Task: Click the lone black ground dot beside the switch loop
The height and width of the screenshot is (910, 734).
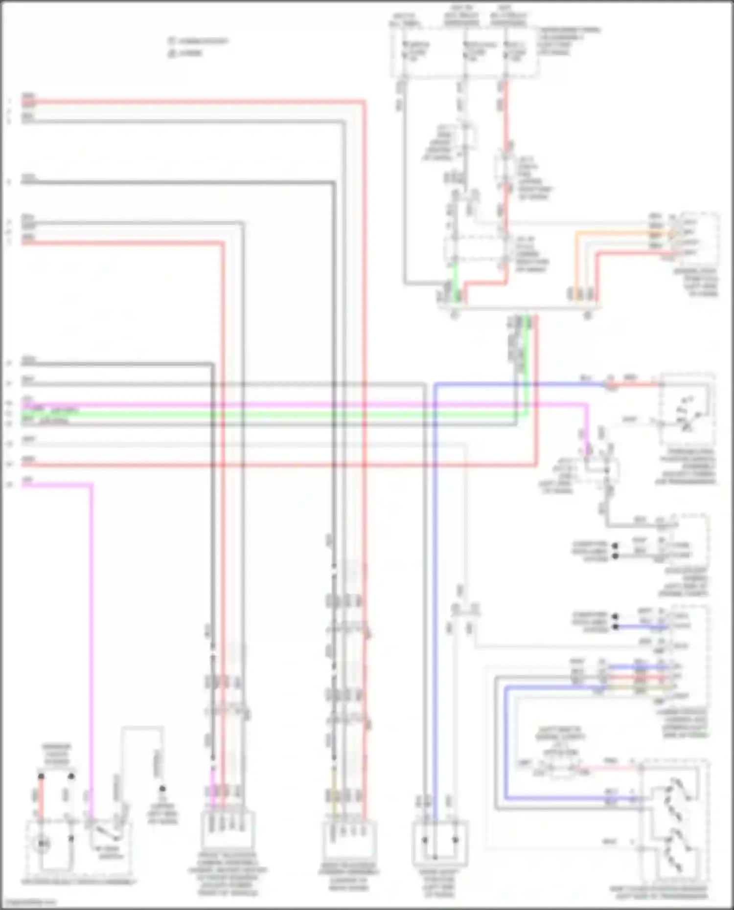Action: [x=162, y=789]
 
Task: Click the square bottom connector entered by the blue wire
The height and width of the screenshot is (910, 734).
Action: [x=439, y=843]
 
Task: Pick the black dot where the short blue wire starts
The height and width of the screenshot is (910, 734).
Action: [x=615, y=626]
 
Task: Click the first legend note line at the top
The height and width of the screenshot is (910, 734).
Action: [x=199, y=42]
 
